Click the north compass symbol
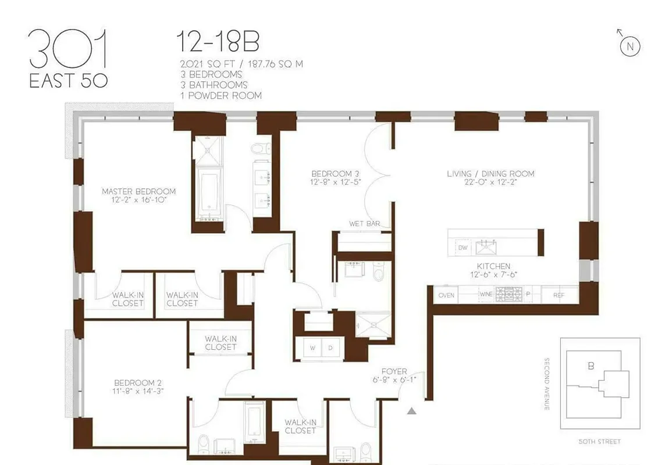click(x=630, y=45)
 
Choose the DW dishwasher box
click(x=463, y=248)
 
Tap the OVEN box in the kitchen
click(x=446, y=295)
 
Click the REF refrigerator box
click(x=559, y=295)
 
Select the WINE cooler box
click(x=485, y=295)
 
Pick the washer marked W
click(x=312, y=348)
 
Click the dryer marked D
click(x=330, y=348)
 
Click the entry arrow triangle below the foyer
click(x=411, y=412)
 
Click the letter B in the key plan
click(x=591, y=366)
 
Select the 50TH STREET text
click(x=600, y=442)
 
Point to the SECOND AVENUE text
click(x=547, y=384)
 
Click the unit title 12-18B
click(x=218, y=43)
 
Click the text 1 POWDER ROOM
click(x=221, y=95)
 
